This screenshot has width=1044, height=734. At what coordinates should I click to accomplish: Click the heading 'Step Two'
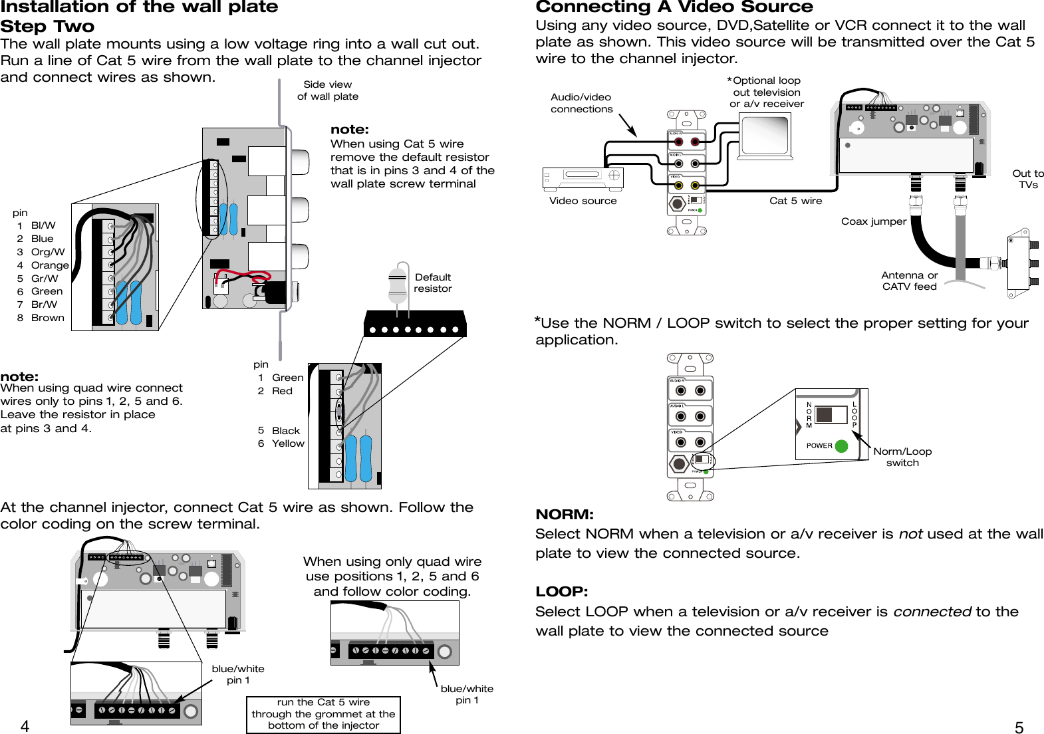(47, 27)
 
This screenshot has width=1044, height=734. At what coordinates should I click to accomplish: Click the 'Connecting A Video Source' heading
(674, 7)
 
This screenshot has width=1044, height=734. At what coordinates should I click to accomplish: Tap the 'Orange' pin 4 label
(50, 265)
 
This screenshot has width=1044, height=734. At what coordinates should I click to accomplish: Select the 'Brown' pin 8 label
(47, 318)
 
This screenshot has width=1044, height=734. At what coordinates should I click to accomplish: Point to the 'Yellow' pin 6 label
(288, 443)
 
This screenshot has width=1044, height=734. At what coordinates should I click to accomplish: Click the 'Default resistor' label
(432, 283)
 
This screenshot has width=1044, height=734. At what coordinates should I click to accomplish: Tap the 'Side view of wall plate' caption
(328, 90)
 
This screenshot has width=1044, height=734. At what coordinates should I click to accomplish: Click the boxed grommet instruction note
(323, 714)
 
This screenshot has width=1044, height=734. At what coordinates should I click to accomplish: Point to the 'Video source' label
(583, 201)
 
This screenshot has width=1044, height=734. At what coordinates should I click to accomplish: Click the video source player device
(583, 178)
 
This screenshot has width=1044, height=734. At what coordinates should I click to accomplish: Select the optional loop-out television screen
(765, 135)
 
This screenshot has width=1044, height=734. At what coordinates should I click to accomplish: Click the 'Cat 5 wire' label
(795, 201)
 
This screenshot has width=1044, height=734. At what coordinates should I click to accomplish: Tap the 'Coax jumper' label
(874, 221)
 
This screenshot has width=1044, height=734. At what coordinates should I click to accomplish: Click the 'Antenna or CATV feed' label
(909, 281)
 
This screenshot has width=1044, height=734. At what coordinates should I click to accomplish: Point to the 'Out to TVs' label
(1028, 179)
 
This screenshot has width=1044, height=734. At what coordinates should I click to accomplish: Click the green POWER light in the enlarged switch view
(841, 446)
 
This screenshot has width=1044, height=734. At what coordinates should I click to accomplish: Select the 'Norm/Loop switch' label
(902, 457)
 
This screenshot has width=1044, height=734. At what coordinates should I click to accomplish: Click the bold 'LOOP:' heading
(561, 592)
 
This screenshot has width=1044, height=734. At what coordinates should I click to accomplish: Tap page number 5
(1019, 727)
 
